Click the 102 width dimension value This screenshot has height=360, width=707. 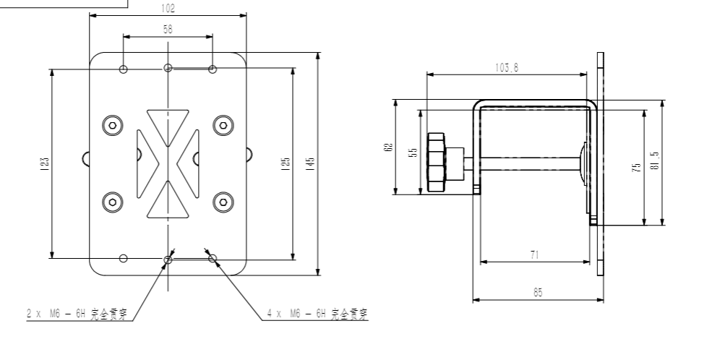(168, 9)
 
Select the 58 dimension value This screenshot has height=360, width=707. (168, 30)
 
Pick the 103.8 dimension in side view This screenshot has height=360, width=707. (507, 68)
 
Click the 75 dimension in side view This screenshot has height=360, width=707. (636, 167)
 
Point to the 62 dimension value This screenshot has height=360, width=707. (389, 147)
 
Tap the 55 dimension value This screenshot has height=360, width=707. (413, 153)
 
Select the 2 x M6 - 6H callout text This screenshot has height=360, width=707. (80, 314)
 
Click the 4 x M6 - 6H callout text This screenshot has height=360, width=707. (317, 314)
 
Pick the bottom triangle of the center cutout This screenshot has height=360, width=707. (168, 203)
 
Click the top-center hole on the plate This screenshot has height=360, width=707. (168, 68)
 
